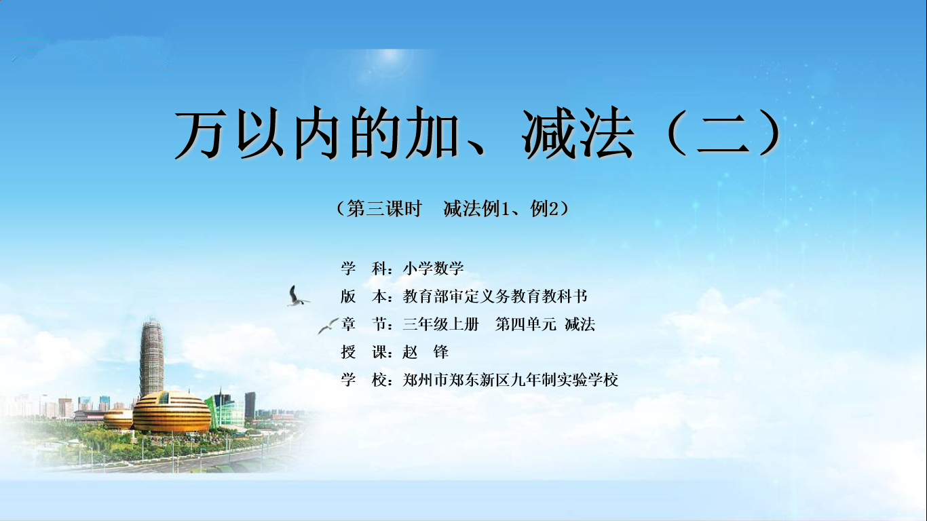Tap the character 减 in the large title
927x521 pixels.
click(x=549, y=133)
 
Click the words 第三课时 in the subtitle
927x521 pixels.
click(x=384, y=208)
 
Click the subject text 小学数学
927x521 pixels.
click(x=433, y=269)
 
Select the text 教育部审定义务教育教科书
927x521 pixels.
click(x=495, y=296)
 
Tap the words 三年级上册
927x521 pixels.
click(x=440, y=324)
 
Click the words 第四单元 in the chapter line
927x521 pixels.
click(x=525, y=324)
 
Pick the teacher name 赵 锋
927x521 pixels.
click(x=425, y=352)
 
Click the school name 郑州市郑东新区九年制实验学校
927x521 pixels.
click(x=510, y=380)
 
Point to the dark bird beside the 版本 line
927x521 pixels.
click(x=297, y=296)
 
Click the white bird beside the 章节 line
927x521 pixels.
click(x=328, y=326)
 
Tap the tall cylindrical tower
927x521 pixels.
click(x=151, y=358)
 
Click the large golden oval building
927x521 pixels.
click(x=171, y=412)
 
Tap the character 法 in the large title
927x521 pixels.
click(x=606, y=133)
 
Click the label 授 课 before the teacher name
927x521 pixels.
click(x=364, y=352)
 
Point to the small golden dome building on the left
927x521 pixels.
click(x=118, y=419)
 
